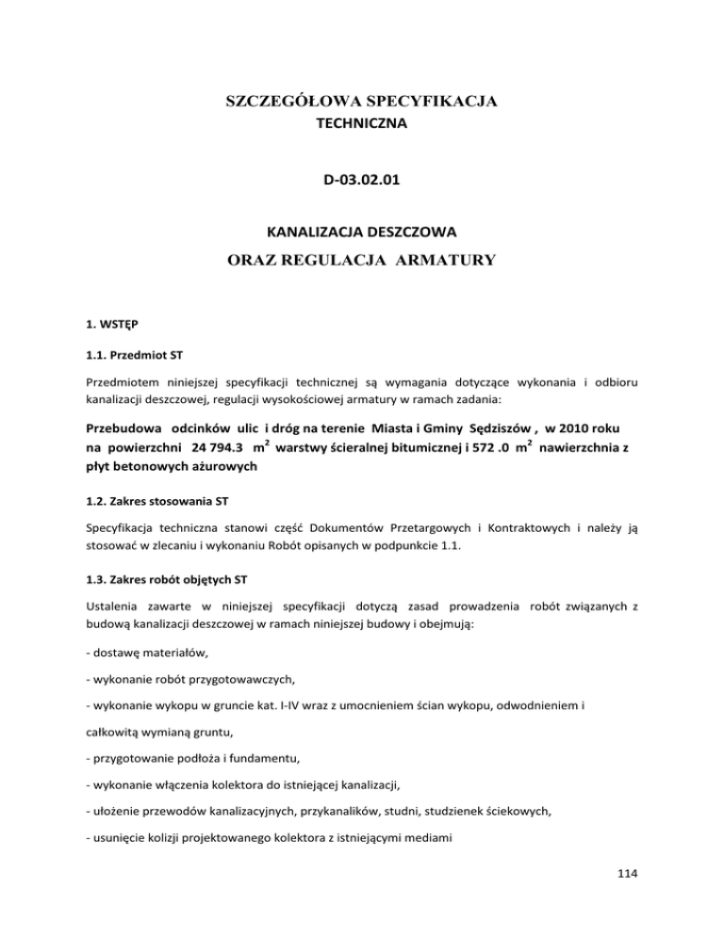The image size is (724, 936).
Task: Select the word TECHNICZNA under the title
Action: tap(361, 123)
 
